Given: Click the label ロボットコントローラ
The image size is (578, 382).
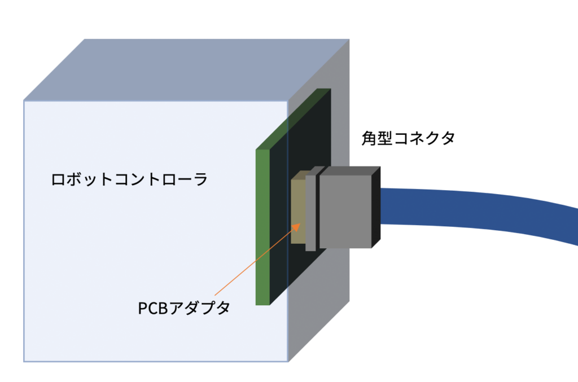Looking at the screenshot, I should click(x=129, y=180).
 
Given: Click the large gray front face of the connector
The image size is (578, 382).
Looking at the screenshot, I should click(x=345, y=211).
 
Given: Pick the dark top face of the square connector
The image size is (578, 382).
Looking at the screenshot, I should click(x=350, y=170).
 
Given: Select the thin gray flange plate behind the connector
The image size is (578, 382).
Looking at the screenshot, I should click(x=310, y=212).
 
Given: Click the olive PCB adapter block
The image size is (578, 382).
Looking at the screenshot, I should click(x=297, y=209).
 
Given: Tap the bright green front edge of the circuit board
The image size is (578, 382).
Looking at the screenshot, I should click(x=262, y=226).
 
